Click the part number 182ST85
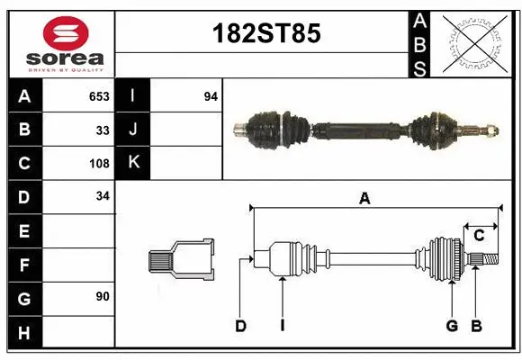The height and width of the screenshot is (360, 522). [265, 34]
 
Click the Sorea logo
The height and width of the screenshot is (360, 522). [66, 45]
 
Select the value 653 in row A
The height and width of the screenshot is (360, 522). [99, 96]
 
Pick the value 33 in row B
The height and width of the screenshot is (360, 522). [103, 130]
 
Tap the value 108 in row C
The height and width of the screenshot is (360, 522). [99, 164]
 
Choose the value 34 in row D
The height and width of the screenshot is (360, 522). [103, 196]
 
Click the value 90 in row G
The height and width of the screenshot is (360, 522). [103, 296]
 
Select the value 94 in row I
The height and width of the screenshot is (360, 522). [211, 96]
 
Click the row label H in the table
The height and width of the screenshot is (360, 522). [24, 333]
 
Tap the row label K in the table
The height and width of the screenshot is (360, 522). [133, 163]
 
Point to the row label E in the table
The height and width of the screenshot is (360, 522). [24, 231]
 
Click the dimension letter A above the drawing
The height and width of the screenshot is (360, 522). [364, 199]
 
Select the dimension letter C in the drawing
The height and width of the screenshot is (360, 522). [479, 236]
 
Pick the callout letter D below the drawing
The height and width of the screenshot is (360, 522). [240, 326]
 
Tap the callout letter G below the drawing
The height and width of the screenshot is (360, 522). [452, 326]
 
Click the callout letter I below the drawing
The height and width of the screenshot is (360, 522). [282, 326]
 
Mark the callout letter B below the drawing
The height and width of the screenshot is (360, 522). [476, 326]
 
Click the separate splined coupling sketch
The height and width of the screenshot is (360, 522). [182, 260]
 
